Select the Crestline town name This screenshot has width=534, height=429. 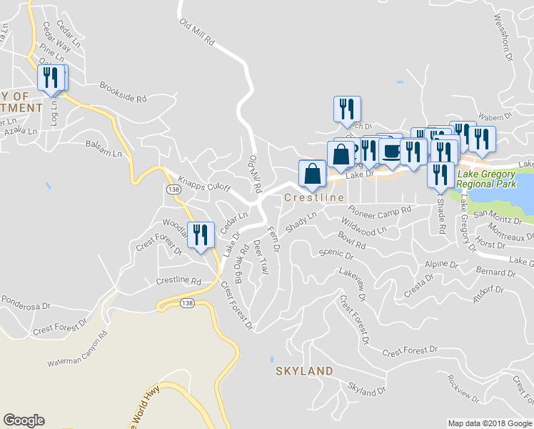(x=314, y=197)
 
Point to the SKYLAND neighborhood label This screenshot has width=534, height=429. (x=305, y=371)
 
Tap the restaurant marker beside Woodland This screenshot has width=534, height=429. (x=200, y=235)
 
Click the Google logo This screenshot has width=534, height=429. (x=24, y=420)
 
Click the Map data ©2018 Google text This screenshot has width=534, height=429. (x=490, y=423)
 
